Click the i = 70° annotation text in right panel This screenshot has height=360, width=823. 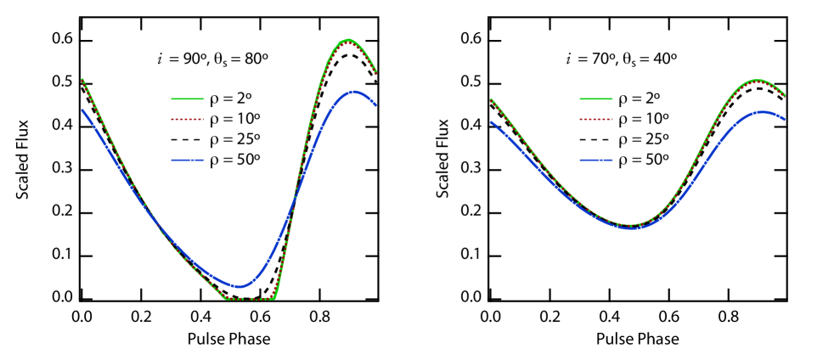click(x=622, y=60)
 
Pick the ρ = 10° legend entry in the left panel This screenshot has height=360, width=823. click(x=214, y=119)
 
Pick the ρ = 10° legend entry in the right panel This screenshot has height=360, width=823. click(x=623, y=119)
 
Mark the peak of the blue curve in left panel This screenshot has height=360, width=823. click(x=354, y=91)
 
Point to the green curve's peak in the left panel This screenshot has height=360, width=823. click(x=347, y=40)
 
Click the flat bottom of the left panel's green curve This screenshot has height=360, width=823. click(x=249, y=299)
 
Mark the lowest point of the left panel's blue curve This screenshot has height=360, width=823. click(x=240, y=286)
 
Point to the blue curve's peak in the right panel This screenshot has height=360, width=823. click(x=762, y=111)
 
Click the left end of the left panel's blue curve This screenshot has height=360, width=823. click(x=82, y=110)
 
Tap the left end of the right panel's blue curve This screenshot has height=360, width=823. click(x=492, y=122)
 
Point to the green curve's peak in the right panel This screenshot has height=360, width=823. click(x=756, y=81)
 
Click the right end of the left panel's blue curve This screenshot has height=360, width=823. click(x=375, y=105)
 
